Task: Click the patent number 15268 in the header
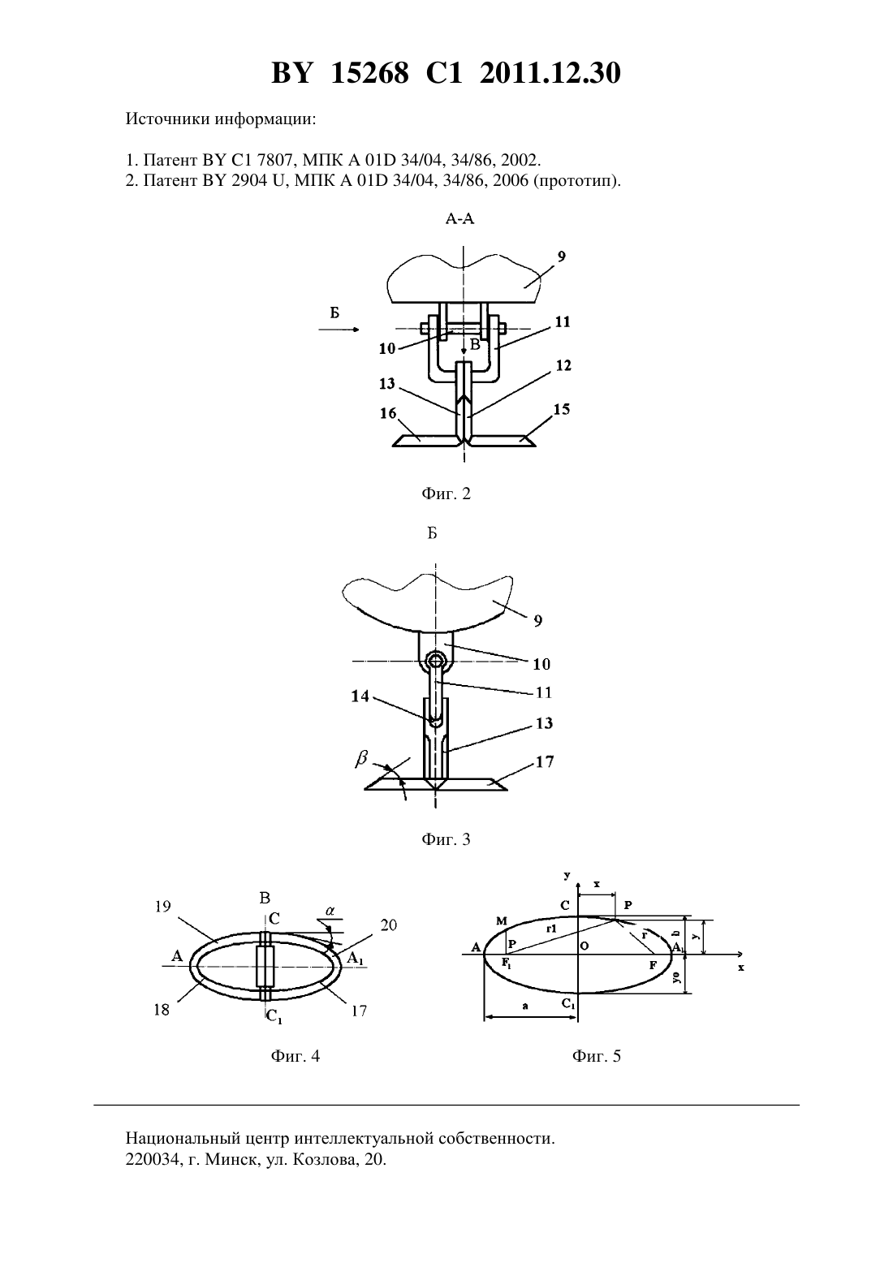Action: [x=369, y=73]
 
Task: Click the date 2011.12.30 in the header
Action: [x=550, y=73]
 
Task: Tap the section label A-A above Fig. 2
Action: [x=460, y=219]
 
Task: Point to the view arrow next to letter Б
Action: [x=339, y=330]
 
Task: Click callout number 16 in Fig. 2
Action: [x=388, y=413]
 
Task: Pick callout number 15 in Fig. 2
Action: [x=562, y=409]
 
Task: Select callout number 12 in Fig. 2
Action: [x=563, y=366]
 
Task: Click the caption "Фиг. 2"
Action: [x=446, y=494]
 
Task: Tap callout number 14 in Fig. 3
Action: [x=360, y=696]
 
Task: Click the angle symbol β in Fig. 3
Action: [x=360, y=759]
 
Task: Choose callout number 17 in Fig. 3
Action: [x=545, y=761]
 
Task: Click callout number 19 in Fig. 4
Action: [x=163, y=907]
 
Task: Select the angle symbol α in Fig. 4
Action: [x=330, y=911]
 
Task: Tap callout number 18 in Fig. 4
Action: [x=162, y=1009]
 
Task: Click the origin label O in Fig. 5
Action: [x=585, y=946]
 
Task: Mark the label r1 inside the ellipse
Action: [x=551, y=928]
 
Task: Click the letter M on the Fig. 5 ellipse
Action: [x=502, y=921]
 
